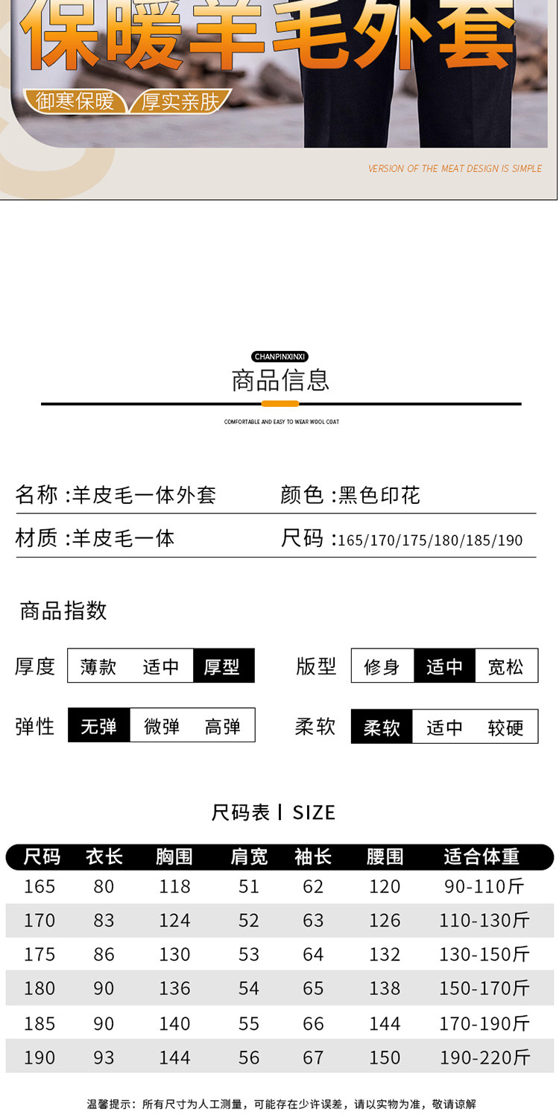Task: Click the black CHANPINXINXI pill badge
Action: [x=280, y=357]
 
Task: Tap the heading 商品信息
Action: [x=280, y=380]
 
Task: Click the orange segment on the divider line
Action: [x=280, y=404]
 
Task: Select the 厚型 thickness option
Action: [x=223, y=666]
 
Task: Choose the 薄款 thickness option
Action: [x=98, y=666]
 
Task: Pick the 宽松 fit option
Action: [x=506, y=666]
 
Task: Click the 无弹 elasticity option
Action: [x=98, y=726]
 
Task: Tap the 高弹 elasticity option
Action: [x=223, y=726]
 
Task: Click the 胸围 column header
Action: [x=174, y=857]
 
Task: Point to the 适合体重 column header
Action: [x=481, y=857]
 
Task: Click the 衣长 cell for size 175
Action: [x=104, y=954]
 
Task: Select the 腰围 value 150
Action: [x=385, y=1057]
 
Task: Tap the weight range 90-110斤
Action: [x=483, y=886]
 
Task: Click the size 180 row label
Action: [x=40, y=988]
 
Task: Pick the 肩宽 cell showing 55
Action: [x=249, y=1023]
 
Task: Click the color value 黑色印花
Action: [x=379, y=495]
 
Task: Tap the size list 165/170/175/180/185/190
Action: [x=430, y=540]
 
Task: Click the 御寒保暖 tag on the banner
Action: [x=75, y=101]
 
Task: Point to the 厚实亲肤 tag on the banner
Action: [x=181, y=101]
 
